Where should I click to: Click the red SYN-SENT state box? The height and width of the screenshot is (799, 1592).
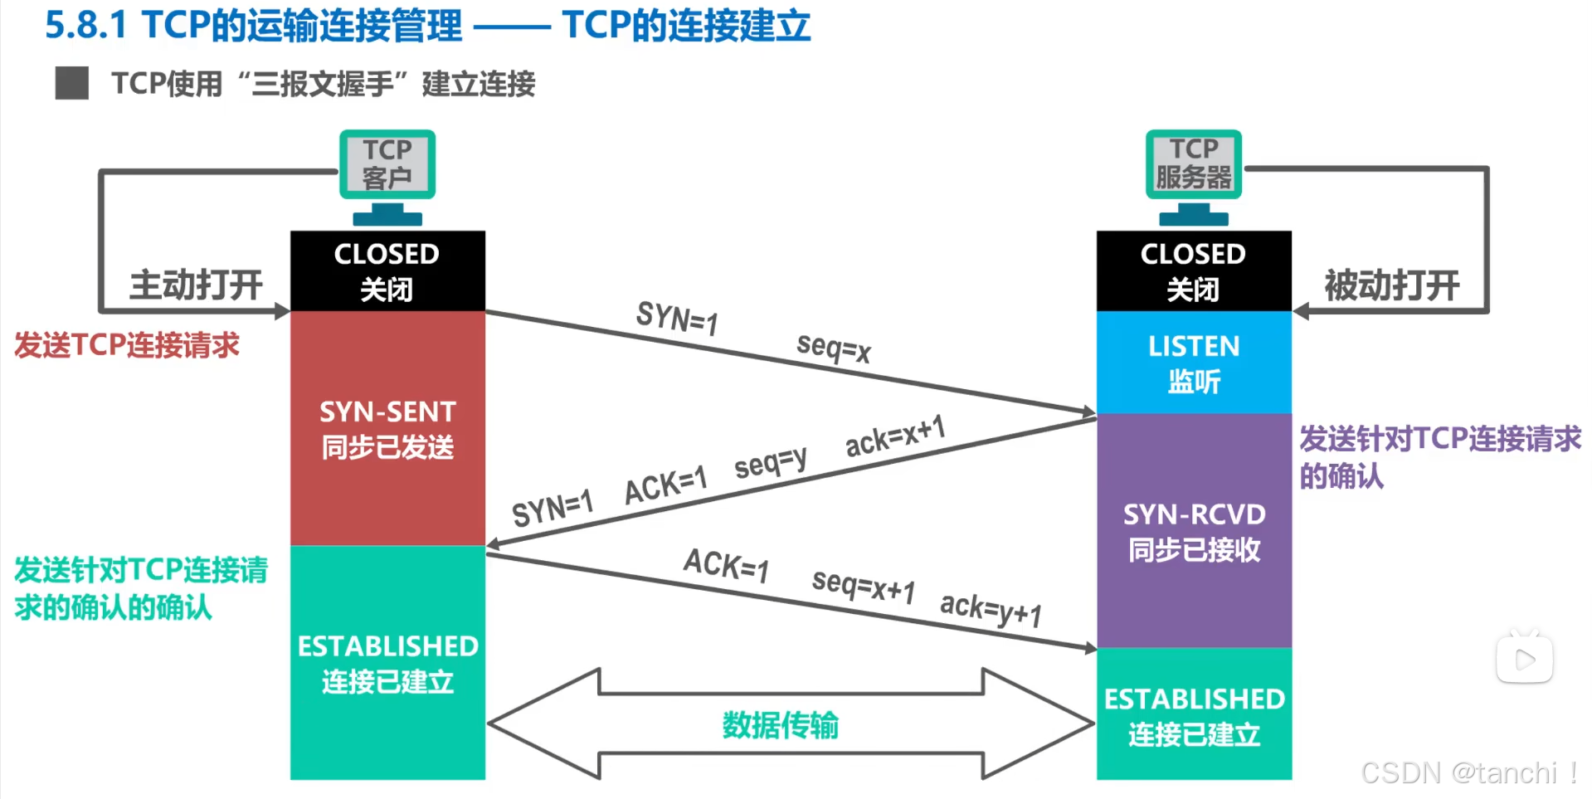coord(387,428)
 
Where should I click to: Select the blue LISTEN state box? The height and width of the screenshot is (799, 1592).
coord(1194,363)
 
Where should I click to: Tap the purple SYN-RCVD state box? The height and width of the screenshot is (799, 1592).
coord(1194,531)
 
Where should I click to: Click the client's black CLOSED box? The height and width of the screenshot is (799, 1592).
coord(387,270)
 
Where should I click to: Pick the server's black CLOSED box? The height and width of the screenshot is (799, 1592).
coord(1194,270)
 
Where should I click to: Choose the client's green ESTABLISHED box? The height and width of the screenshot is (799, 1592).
coord(387,662)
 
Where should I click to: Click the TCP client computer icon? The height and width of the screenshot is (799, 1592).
coord(387,175)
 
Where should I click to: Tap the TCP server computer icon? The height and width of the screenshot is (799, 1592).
coord(1194,175)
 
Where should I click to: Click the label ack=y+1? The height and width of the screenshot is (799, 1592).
coord(991,610)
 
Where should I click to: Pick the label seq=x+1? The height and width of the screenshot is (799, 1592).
coord(863,586)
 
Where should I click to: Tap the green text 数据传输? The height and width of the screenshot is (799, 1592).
coord(780,725)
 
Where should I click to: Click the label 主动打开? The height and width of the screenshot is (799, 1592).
coord(196,285)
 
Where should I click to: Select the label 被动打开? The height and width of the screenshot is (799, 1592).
coord(1391,285)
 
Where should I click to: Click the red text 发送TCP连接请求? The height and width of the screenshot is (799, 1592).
coord(127,345)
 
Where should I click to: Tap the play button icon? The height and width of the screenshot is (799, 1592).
coord(1524,660)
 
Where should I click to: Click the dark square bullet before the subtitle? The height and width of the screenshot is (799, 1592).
coord(72,84)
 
